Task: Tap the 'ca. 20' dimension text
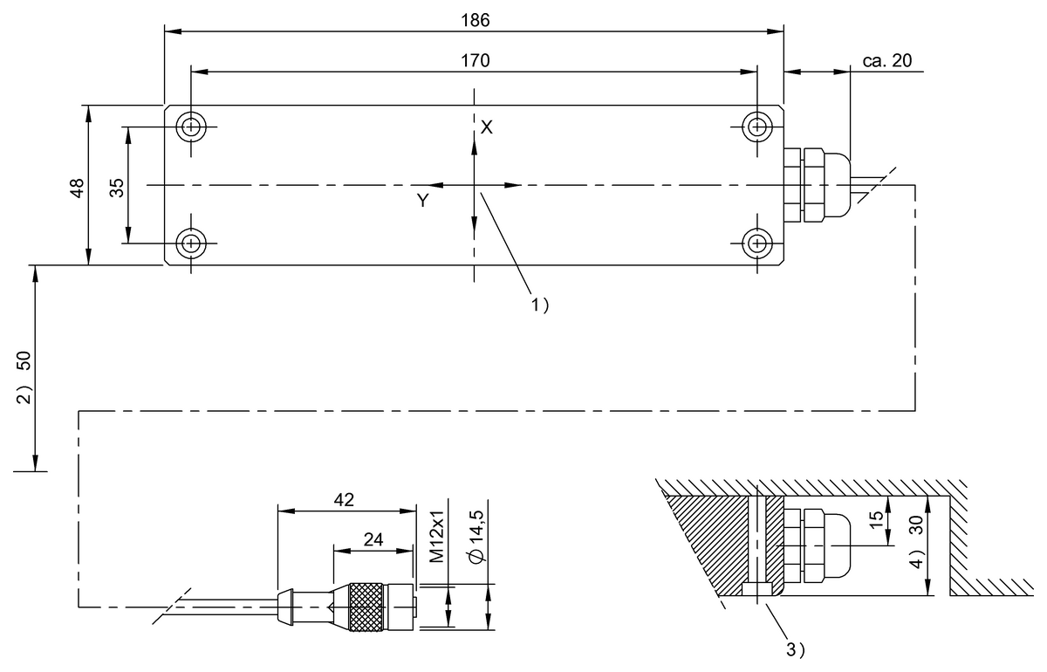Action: coord(886,60)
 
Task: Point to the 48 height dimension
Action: coord(77,188)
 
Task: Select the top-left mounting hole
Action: coord(189,127)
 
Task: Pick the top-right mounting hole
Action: coord(757,127)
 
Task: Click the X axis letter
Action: coord(487,127)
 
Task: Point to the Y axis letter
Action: coord(422,201)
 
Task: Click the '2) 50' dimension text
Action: coord(25,375)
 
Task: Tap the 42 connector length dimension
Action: coord(344,499)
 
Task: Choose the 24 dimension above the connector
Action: coord(373,539)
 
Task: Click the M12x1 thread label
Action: coord(439,537)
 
